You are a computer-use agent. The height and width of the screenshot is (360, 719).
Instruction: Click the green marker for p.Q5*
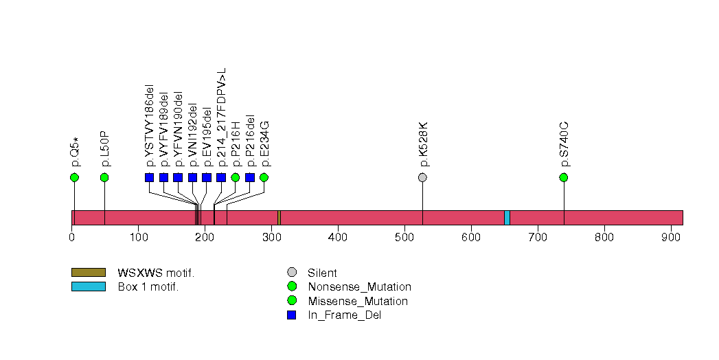(74, 178)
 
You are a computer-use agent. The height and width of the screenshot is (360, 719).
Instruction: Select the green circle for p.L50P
(104, 178)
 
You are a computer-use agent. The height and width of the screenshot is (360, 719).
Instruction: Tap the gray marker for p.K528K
(422, 178)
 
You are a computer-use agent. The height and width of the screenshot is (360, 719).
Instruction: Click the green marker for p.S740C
(564, 178)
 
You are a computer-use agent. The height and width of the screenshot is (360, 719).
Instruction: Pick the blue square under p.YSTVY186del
(150, 178)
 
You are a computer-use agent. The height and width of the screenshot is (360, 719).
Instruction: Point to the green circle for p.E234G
(264, 178)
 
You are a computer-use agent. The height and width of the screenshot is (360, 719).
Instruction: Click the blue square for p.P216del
(250, 178)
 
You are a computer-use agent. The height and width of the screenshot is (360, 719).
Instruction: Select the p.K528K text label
(423, 145)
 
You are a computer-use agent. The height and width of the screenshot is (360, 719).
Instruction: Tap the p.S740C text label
(564, 145)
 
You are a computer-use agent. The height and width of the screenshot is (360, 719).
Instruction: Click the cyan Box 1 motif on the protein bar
(507, 218)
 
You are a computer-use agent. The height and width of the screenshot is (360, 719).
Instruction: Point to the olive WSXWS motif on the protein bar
(279, 218)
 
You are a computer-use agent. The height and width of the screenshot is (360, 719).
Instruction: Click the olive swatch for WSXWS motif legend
(88, 273)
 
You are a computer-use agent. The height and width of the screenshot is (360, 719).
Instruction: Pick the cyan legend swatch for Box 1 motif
(88, 286)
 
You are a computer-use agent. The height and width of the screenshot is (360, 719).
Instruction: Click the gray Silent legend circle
(292, 273)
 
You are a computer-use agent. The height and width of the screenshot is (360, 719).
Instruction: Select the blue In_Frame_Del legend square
(292, 315)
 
